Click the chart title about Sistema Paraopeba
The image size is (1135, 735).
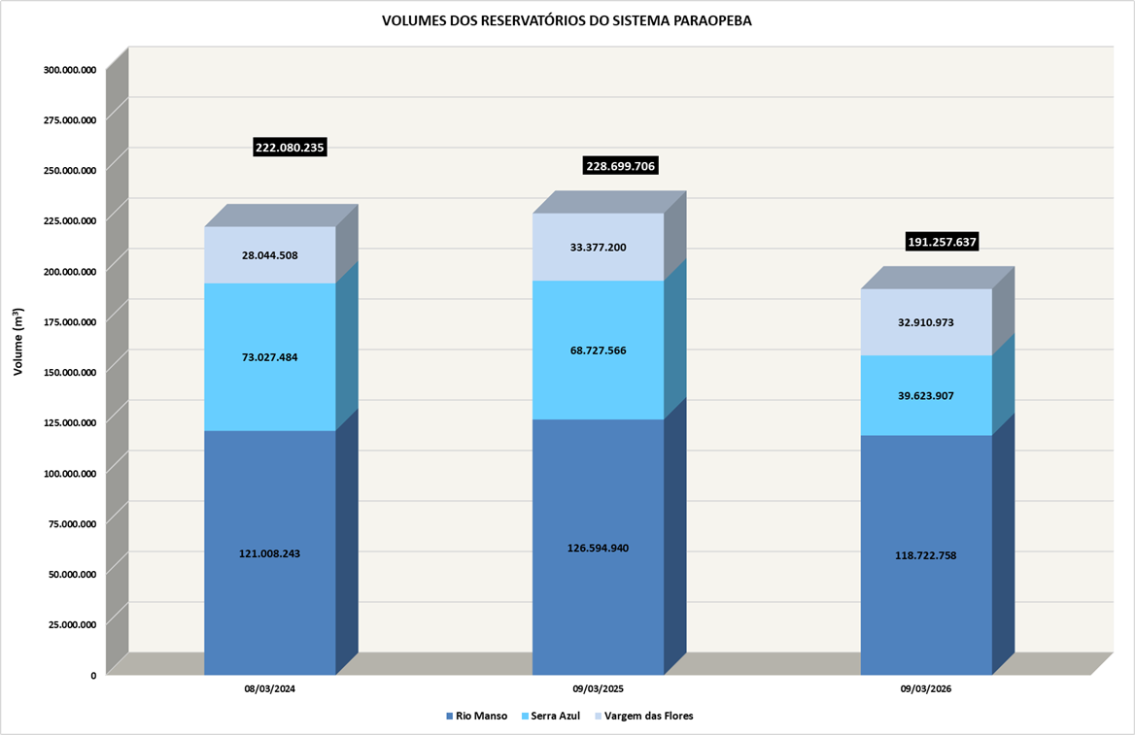[567, 20]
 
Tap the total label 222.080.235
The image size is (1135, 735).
[290, 148]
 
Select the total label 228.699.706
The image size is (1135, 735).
[620, 166]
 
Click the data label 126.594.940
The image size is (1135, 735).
[597, 549]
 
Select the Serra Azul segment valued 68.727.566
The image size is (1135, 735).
[597, 369]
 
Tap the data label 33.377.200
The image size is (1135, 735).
[597, 248]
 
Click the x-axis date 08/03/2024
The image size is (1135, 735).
[270, 688]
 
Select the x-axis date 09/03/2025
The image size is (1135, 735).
[599, 688]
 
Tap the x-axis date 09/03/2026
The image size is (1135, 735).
[926, 688]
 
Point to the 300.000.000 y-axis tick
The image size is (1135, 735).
[70, 70]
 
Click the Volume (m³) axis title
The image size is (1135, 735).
[18, 343]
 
